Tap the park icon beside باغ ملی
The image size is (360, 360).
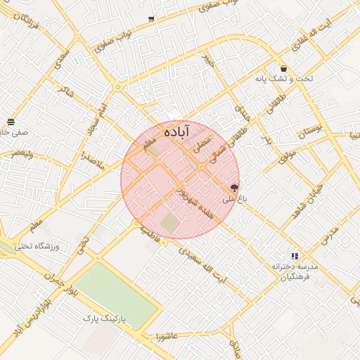233,188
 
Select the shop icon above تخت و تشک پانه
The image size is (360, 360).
283,69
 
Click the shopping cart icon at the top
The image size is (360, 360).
151,19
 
